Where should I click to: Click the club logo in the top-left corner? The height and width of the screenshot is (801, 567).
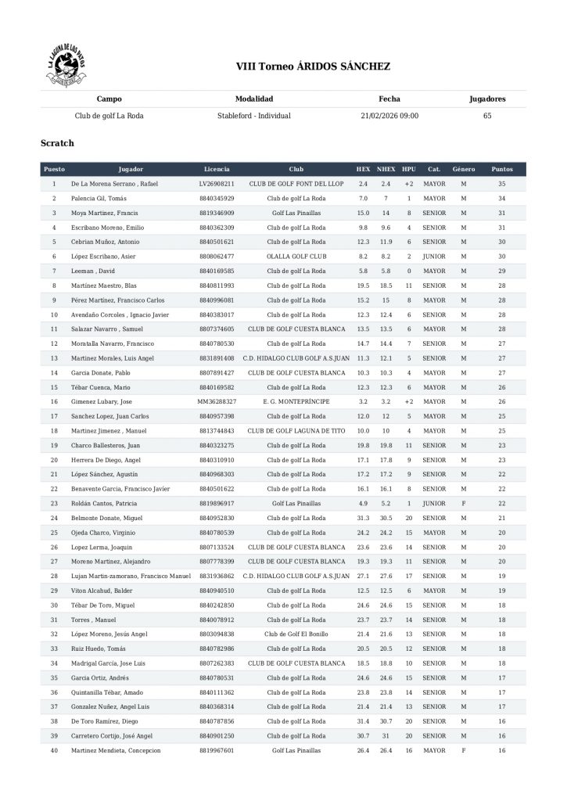coord(66,67)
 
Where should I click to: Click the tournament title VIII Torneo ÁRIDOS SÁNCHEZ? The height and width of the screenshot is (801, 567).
coord(313,67)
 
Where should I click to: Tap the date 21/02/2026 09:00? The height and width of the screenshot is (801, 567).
coord(389,116)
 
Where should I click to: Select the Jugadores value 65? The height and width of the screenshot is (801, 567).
coord(487,116)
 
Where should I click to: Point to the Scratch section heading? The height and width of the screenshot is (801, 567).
coord(57,143)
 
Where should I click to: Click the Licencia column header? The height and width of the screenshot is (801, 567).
coord(217,169)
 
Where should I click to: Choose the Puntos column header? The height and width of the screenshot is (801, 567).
coord(502,169)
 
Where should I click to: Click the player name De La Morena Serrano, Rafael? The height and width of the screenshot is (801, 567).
coord(109,184)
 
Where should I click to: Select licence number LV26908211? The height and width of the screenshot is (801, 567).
coord(217,184)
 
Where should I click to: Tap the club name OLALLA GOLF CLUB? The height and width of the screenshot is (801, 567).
coord(296,256)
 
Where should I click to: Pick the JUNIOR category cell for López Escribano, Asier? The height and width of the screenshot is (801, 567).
coord(434,256)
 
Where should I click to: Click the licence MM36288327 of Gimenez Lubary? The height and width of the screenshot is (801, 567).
coord(217,401)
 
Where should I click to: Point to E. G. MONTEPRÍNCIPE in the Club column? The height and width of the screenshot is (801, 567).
coord(296,401)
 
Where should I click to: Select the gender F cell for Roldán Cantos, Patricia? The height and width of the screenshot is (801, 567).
coord(464,503)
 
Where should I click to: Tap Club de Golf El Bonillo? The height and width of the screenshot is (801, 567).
coord(296,634)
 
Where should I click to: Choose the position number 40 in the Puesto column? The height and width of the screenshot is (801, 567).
coord(54,750)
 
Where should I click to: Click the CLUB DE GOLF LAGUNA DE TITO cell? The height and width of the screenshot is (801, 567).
coord(296,430)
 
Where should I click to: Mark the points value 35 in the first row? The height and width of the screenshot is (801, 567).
coord(502,184)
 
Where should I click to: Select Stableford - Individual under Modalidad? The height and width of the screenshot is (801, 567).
coord(254,116)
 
